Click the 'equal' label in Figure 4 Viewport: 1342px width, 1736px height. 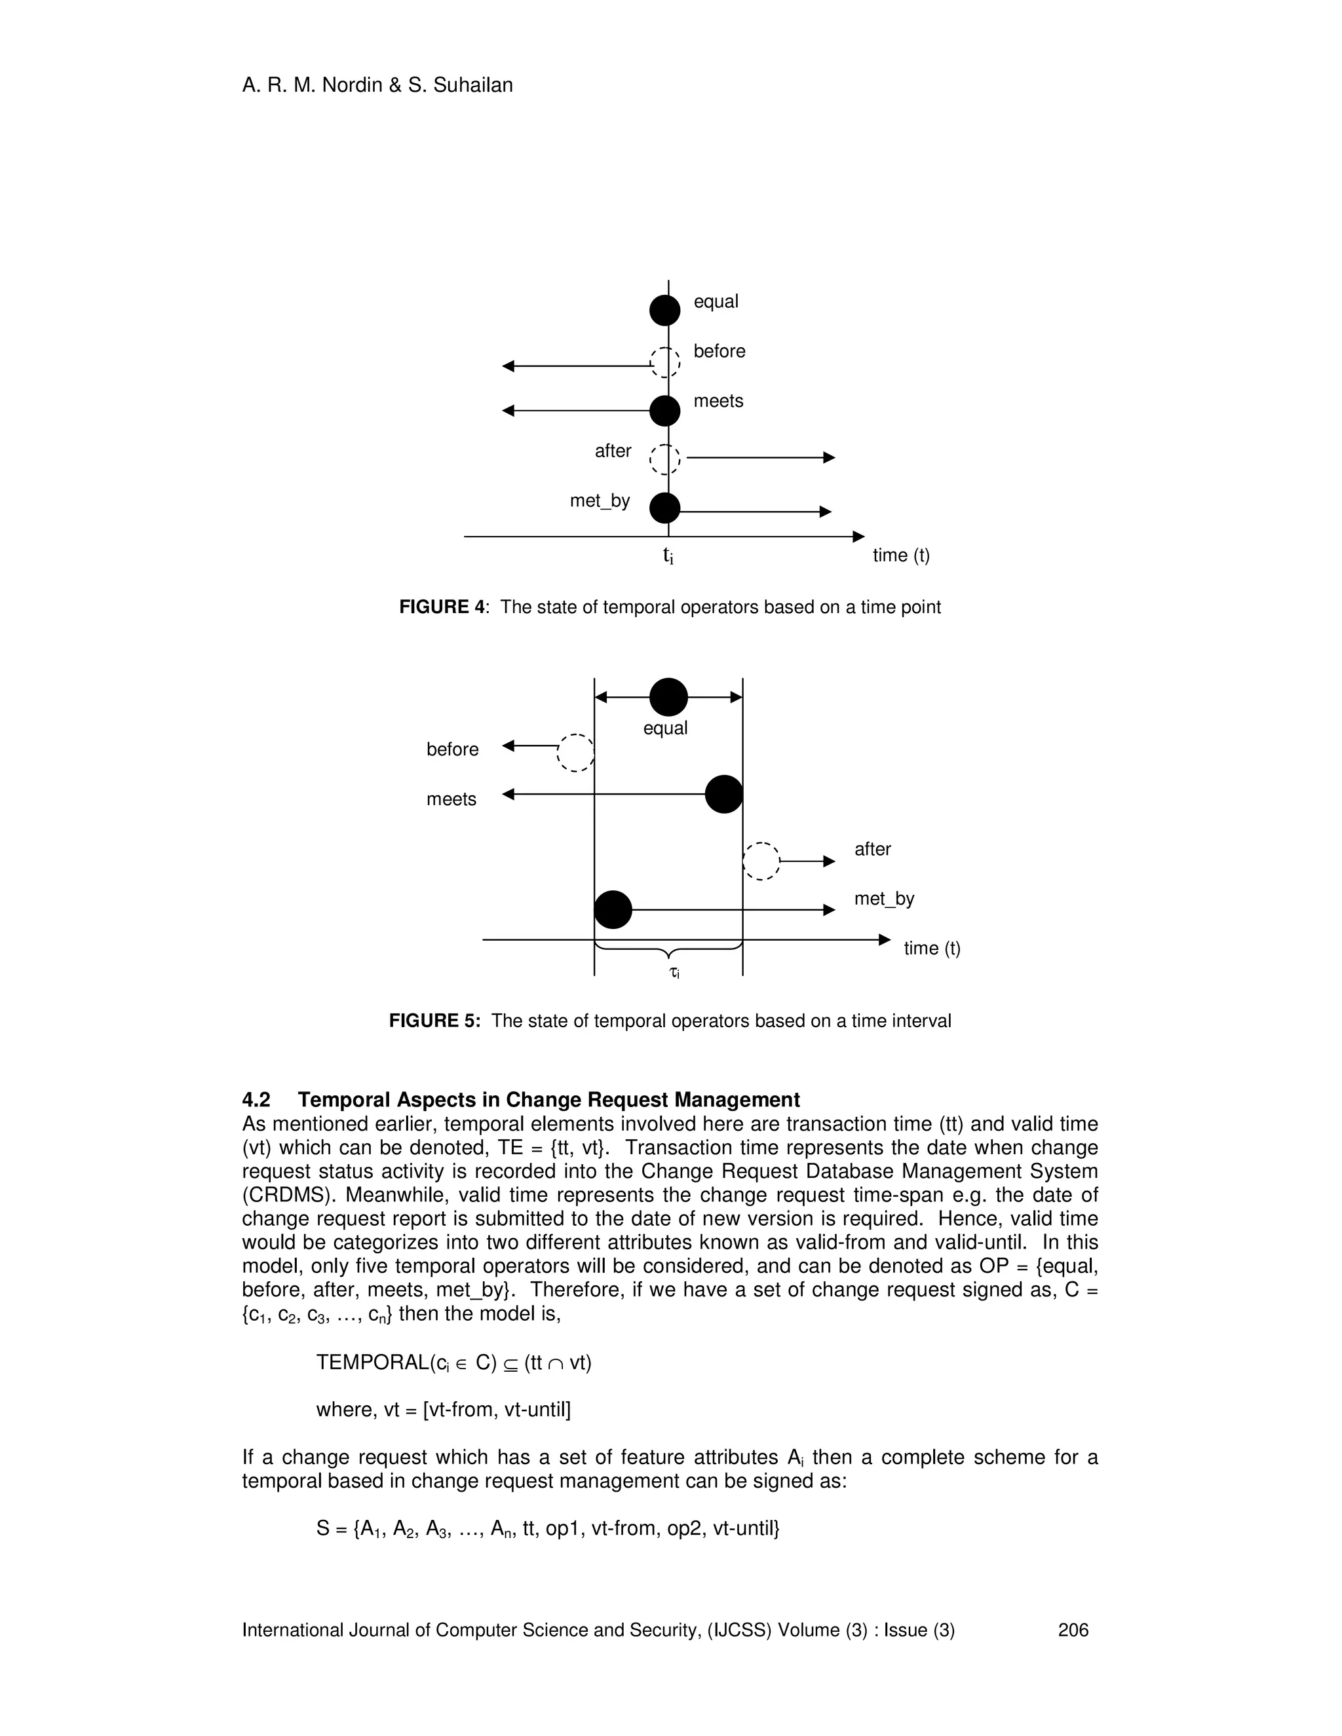tap(716, 301)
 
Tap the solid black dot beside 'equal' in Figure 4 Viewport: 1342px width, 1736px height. tap(664, 310)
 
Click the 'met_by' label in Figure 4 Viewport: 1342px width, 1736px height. tap(600, 500)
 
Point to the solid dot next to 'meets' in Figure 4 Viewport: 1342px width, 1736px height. tap(664, 411)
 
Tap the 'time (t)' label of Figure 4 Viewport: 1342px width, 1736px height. tap(901, 555)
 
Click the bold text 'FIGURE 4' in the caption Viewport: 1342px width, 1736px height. tap(441, 607)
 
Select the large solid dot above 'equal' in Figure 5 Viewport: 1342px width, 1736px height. tap(668, 697)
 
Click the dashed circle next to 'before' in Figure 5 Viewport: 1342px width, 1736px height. tap(575, 752)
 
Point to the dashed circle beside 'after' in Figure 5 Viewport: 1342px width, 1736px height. tap(761, 861)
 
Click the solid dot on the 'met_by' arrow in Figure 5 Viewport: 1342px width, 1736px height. tap(613, 909)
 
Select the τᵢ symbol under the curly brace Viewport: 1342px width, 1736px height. tap(674, 972)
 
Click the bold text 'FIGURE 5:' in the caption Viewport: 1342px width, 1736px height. tap(434, 1021)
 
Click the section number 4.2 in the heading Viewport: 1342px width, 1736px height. tap(256, 1100)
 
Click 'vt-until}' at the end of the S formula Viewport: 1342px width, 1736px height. tap(746, 1528)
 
